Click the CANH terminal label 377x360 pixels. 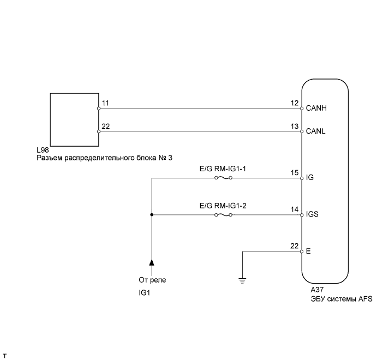317,109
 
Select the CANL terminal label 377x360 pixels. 316,132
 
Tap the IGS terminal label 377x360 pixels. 313,215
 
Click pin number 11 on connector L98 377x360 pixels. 105,103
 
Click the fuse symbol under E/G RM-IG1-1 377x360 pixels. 224,178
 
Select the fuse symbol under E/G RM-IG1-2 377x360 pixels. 224,215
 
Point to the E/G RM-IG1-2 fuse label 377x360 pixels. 224,206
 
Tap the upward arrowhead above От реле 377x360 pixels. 152,262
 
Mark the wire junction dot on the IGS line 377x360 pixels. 152,215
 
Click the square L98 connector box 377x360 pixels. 74,118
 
